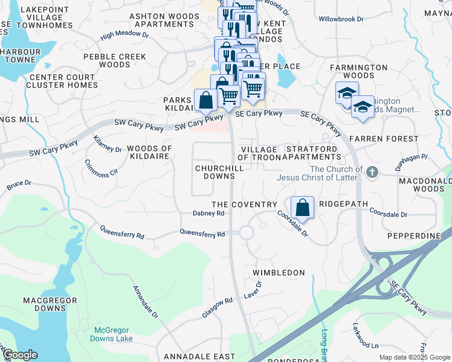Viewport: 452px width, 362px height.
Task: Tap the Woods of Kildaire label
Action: point(149,153)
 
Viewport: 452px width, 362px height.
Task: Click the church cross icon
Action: point(372,173)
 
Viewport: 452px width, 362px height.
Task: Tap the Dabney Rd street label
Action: point(208,213)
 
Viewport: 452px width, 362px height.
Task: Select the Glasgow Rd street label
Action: point(218,308)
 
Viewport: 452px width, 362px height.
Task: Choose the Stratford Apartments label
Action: point(313,153)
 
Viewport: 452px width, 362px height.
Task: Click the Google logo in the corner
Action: point(20,355)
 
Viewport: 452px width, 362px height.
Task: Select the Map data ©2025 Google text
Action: point(415,357)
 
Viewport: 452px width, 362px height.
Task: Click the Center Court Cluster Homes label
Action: point(63,81)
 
